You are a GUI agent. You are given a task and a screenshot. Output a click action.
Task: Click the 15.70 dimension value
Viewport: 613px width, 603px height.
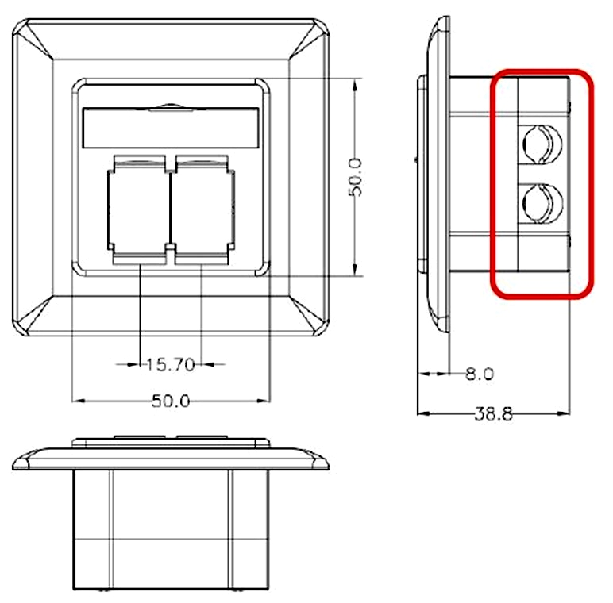[x=170, y=365]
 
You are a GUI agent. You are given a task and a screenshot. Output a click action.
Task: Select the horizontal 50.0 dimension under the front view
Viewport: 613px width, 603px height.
[x=171, y=401]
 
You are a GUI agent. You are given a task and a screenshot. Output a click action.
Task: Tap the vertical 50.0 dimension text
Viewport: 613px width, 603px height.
[x=356, y=177]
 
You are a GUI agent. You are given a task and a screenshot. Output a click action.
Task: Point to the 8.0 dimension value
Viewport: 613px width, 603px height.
[x=480, y=374]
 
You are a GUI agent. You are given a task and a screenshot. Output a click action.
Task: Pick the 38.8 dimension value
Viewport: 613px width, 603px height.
[x=493, y=413]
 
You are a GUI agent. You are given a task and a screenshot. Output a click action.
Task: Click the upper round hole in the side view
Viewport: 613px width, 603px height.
[x=542, y=144]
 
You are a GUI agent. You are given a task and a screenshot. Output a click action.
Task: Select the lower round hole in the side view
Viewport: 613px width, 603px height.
[x=542, y=203]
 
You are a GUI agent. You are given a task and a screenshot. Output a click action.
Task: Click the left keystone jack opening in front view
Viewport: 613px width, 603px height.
[x=140, y=209]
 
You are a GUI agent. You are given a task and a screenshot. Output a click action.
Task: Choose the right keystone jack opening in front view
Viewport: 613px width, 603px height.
[x=203, y=209]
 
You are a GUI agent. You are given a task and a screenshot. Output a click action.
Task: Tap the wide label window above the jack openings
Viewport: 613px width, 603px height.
[x=171, y=128]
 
